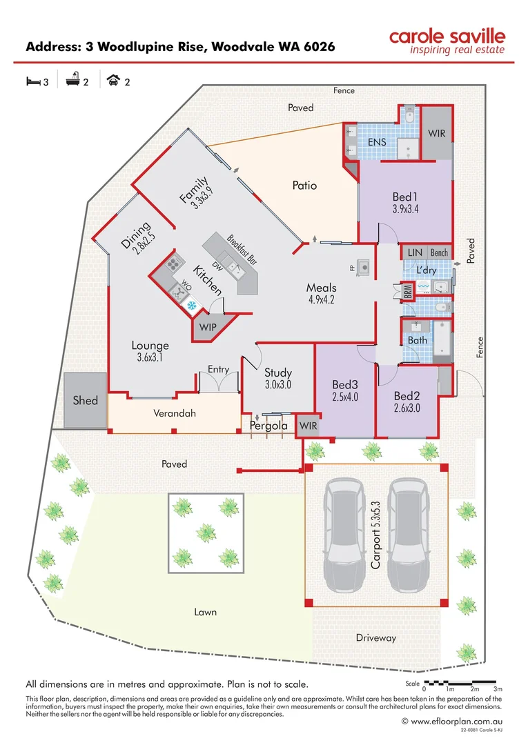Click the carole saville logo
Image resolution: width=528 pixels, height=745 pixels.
447,41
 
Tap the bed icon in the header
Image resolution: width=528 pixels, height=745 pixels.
32,81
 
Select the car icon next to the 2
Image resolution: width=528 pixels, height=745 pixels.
113,81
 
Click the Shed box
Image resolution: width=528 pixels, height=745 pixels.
86,400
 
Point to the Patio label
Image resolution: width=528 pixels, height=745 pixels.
304,186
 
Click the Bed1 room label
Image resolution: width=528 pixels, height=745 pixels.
405,195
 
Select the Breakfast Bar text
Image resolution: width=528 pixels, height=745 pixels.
242,250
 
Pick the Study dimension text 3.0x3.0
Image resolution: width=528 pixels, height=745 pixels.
278,385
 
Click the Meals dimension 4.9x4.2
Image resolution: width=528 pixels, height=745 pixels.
322,300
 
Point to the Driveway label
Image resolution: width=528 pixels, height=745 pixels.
376,637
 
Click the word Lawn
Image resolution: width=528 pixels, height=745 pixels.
205,612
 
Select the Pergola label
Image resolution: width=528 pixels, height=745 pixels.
268,426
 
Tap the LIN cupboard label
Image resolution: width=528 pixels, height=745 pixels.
415,253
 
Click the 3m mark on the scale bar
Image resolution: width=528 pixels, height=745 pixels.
498,689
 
